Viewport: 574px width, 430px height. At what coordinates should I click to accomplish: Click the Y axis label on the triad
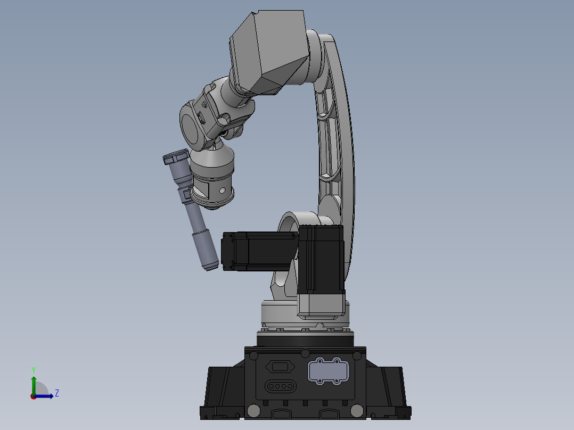point(34,369)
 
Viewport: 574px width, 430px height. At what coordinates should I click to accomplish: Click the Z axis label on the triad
point(56,393)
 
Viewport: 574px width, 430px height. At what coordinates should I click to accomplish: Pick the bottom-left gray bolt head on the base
point(253,410)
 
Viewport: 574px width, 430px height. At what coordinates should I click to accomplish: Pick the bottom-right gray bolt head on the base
point(356,410)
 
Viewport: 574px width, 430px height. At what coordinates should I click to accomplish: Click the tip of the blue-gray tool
point(210,266)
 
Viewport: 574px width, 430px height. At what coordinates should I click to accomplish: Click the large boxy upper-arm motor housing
point(269,53)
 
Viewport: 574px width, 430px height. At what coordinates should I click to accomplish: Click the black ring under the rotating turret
point(306,339)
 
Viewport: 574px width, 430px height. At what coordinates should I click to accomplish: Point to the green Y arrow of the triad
point(34,383)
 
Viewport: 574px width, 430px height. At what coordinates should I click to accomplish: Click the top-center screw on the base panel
point(305,353)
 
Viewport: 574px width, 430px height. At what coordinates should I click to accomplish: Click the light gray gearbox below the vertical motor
point(321,306)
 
